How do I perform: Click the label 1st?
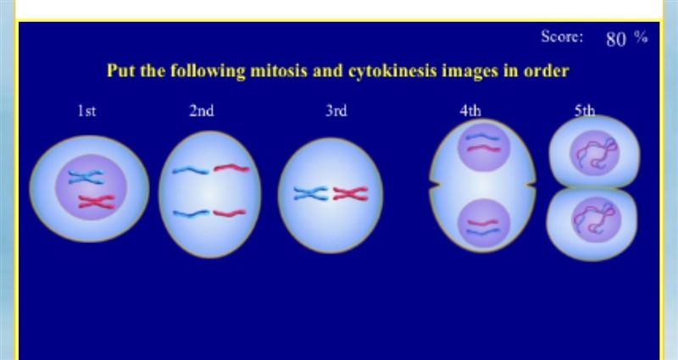87,112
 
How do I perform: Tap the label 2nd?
202,111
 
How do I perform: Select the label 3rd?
336,111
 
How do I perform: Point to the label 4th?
470,111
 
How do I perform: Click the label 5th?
585,111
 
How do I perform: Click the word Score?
562,36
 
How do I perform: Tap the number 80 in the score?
616,39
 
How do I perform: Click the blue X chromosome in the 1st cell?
86,177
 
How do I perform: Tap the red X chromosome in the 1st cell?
97,202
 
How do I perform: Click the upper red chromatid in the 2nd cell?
231,168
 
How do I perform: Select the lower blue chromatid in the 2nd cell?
192,213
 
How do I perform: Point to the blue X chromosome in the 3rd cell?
310,194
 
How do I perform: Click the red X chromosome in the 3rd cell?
350,194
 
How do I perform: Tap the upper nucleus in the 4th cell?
484,146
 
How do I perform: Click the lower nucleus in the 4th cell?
484,224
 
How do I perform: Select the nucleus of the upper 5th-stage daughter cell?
595,152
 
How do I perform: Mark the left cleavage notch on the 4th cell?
436,186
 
